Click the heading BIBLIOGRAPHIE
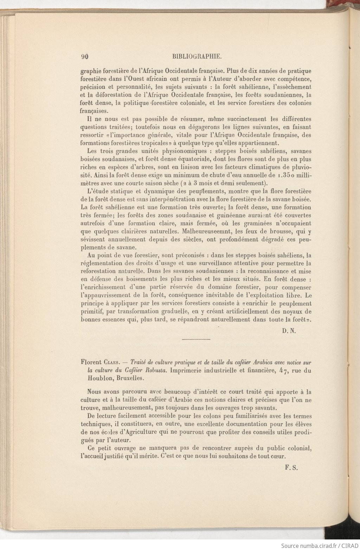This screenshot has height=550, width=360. click(197, 56)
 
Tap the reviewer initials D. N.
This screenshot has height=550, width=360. click(288, 331)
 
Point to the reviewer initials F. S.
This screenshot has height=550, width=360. click(291, 468)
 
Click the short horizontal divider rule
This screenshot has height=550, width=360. click(196, 339)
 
